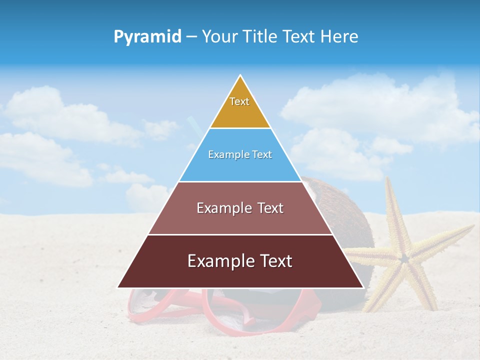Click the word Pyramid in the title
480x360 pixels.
(147, 37)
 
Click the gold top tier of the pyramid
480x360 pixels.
(240, 112)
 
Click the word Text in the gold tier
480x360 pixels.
(239, 101)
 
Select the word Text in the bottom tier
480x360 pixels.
(274, 261)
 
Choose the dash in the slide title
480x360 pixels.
(191, 37)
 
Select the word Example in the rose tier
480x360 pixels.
(222, 208)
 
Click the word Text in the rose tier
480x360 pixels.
(268, 208)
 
